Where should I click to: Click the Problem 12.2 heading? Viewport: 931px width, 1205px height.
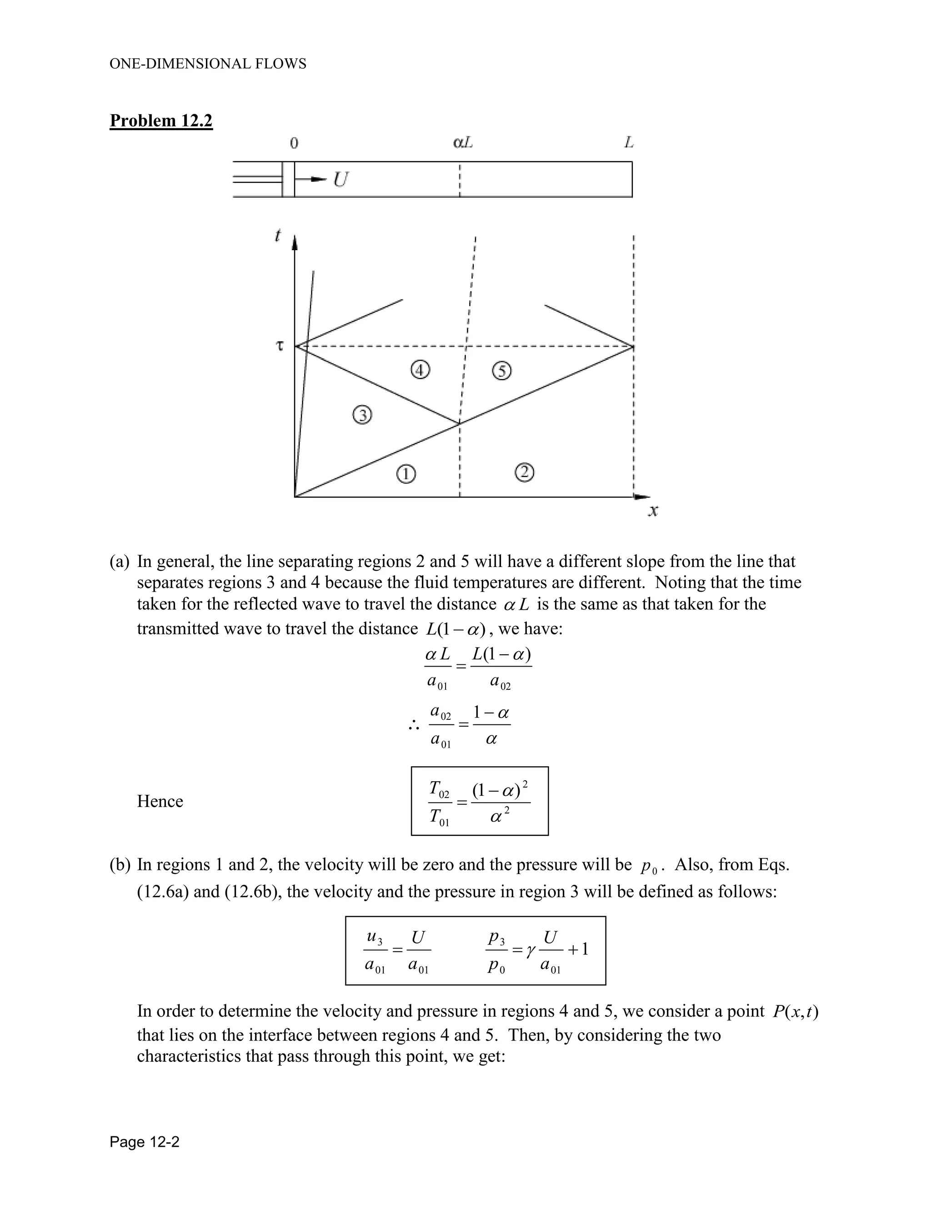161,120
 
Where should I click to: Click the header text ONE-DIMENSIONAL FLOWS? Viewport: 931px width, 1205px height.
208,64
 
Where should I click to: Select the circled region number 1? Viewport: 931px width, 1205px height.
406,474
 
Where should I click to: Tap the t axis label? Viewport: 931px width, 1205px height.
278,236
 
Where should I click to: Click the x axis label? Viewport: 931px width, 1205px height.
653,512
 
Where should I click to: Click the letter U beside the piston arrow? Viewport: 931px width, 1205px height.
341,179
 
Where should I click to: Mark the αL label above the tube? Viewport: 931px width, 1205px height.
462,143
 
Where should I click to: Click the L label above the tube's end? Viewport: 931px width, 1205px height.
629,143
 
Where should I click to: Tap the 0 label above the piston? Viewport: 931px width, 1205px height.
294,143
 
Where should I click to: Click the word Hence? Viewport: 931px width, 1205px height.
160,801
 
